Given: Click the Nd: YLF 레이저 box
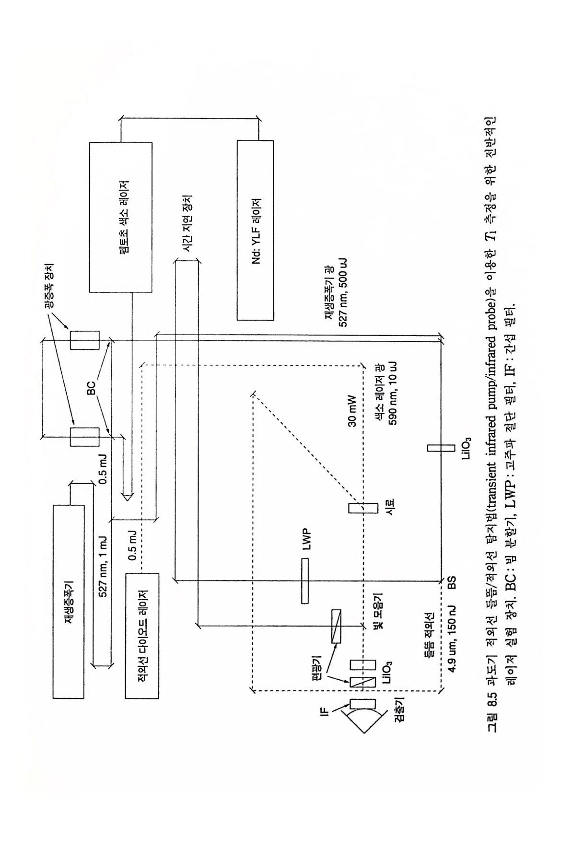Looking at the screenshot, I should [x=255, y=230].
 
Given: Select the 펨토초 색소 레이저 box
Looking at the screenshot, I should [x=120, y=217].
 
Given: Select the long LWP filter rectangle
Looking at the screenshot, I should [x=305, y=581].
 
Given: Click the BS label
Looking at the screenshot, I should [x=451, y=581].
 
